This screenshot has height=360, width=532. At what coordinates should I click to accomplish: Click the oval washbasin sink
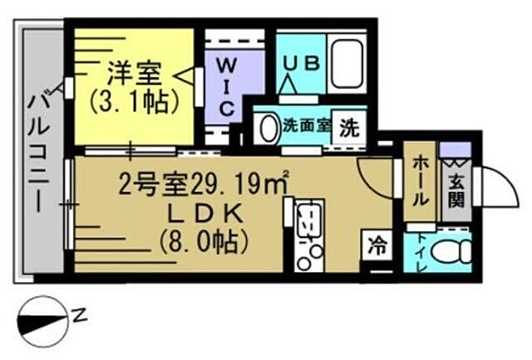pos(268,128)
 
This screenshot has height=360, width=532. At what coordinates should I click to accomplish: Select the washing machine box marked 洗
pos(352,128)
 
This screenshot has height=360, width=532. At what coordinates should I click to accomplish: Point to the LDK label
pos(204,214)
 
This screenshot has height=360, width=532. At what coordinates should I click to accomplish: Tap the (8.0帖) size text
pos(204,242)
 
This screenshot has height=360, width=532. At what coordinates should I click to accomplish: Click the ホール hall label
pos(420,181)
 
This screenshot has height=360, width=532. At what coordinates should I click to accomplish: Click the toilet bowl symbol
pos(451,250)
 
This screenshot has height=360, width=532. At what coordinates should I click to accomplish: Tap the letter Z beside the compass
pos(80,315)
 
